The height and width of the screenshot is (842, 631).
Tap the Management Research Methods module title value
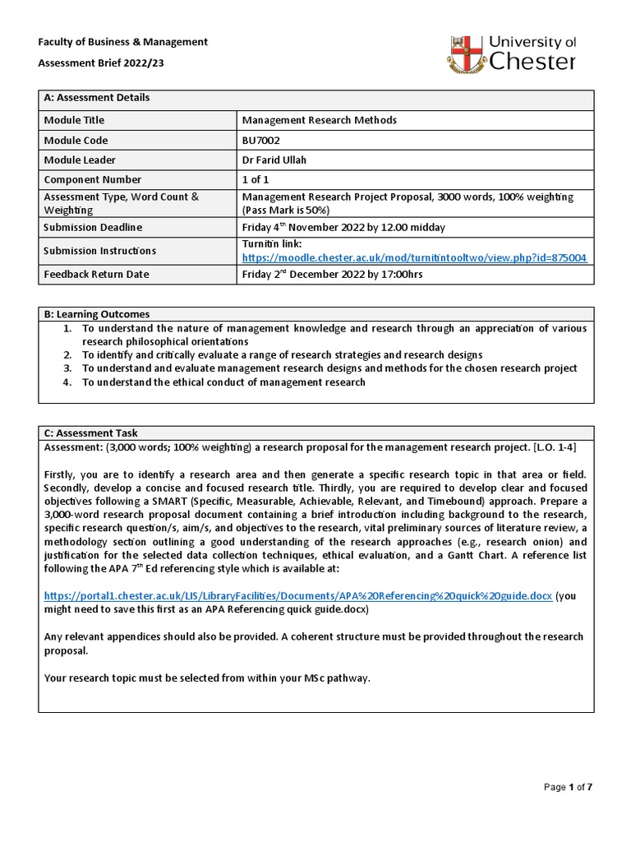(x=320, y=120)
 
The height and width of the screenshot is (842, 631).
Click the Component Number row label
(x=92, y=179)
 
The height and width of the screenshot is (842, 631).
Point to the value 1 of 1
(x=255, y=179)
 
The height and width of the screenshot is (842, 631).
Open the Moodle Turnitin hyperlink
(x=414, y=257)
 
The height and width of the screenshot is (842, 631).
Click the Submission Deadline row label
(x=93, y=228)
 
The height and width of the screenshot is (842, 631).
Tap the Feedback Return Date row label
(x=96, y=274)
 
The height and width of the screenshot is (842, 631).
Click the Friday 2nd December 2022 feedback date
(x=332, y=274)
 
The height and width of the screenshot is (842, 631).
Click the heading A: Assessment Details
(x=97, y=98)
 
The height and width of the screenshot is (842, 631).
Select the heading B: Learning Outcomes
(x=97, y=314)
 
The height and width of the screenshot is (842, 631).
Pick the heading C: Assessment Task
(x=90, y=433)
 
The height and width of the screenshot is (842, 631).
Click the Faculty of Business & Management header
(x=125, y=42)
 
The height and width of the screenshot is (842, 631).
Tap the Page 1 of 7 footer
(x=569, y=787)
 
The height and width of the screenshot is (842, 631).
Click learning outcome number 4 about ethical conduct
(x=223, y=382)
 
